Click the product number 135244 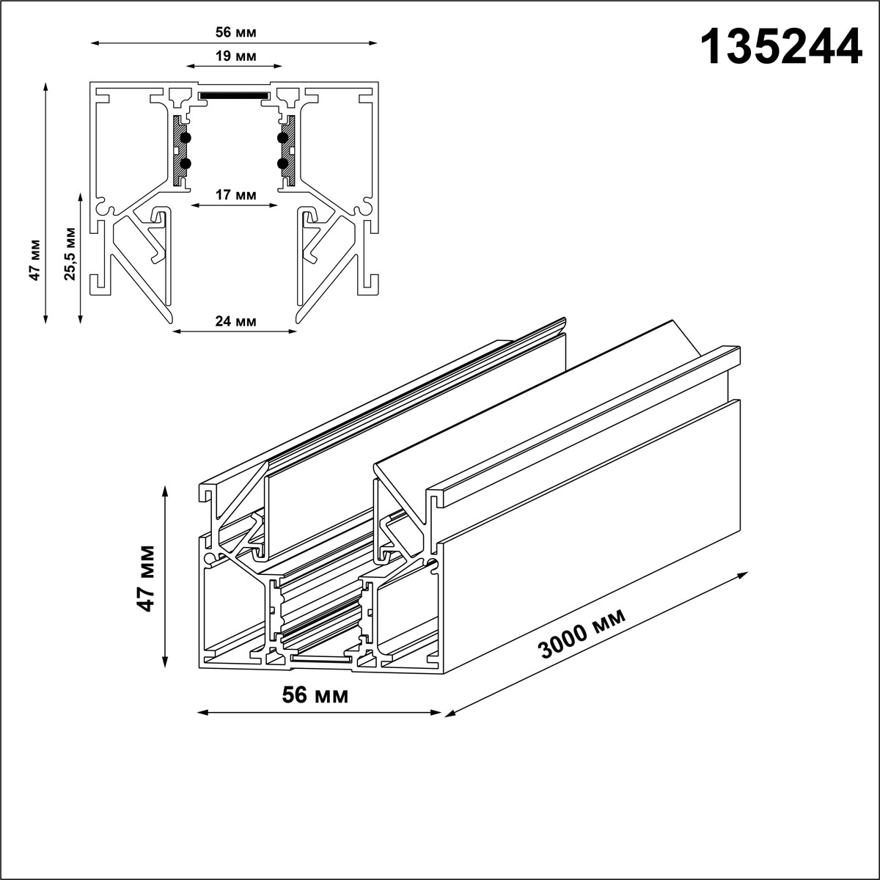pyautogui.click(x=782, y=48)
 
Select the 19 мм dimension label pyautogui.click(x=235, y=56)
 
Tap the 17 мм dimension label pyautogui.click(x=235, y=195)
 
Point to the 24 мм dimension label pyautogui.click(x=235, y=321)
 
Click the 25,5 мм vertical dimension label pyautogui.click(x=70, y=254)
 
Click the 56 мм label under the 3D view pyautogui.click(x=315, y=694)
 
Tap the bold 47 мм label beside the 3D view pyautogui.click(x=147, y=578)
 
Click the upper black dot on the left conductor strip pyautogui.click(x=186, y=138)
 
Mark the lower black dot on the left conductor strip pyautogui.click(x=186, y=164)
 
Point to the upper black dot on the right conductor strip pyautogui.click(x=283, y=138)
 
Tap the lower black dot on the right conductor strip pyautogui.click(x=283, y=164)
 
